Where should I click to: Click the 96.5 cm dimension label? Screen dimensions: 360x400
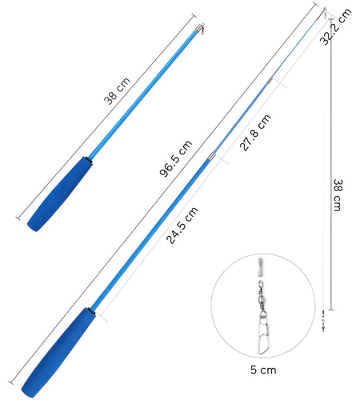[x=176, y=158]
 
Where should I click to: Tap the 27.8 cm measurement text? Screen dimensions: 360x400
[x=255, y=133]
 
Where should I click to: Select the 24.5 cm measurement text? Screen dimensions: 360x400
[x=182, y=225]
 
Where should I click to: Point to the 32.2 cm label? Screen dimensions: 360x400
[x=335, y=26]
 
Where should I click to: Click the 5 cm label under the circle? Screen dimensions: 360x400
[x=263, y=370]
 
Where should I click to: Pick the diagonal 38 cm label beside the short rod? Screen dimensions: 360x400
[x=117, y=90]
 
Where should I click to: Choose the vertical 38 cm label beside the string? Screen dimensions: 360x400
[x=338, y=195]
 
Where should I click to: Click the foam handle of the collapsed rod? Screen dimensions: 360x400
[x=60, y=194]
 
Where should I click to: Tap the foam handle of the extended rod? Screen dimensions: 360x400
[x=58, y=353]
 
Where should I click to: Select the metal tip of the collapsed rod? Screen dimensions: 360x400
[x=201, y=28]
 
